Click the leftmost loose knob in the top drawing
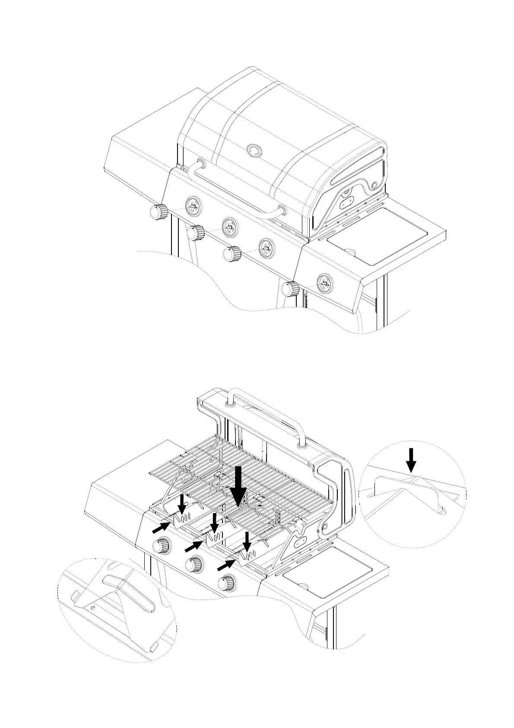coord(158,211)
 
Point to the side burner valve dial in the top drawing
coord(324,283)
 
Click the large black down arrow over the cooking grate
coord(238,486)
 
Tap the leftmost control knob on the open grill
coord(162,545)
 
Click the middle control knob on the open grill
coord(193,563)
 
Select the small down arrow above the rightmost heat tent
coord(246,541)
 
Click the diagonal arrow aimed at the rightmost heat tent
coord(226,565)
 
